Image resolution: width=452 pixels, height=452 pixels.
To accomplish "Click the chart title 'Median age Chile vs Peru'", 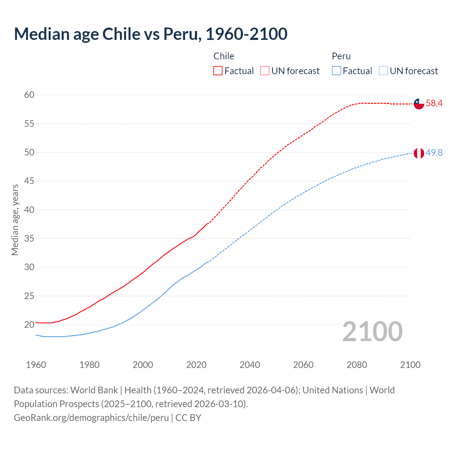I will (x=150, y=34).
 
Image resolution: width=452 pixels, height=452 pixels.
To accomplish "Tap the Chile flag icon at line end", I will (x=419, y=103).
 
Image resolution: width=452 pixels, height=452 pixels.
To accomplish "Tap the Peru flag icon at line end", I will (x=419, y=153).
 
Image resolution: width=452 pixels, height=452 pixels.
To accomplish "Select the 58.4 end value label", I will (x=434, y=103).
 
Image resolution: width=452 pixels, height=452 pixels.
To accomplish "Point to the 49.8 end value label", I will (x=434, y=153).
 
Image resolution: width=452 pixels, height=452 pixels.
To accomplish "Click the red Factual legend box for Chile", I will (x=218, y=71).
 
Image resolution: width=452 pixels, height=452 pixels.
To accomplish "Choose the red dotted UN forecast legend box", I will (x=265, y=71).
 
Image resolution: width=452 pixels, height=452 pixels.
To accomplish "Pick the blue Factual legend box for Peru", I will (x=337, y=71).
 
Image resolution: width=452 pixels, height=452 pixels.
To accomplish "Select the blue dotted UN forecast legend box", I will (x=383, y=71).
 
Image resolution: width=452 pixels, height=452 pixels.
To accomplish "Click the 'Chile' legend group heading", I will (x=224, y=56).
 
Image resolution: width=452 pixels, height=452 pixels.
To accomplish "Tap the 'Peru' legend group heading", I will (x=341, y=56).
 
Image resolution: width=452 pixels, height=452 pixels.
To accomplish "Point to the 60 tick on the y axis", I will (x=29, y=95).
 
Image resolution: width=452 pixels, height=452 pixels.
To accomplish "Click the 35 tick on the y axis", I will (x=29, y=238).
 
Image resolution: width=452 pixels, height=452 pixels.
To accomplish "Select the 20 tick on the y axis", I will (x=29, y=325).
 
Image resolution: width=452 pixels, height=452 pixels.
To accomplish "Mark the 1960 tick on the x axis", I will (x=36, y=365).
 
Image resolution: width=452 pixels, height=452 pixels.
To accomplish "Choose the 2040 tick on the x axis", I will (x=250, y=365).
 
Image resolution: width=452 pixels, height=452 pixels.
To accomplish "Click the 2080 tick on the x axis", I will (x=357, y=365).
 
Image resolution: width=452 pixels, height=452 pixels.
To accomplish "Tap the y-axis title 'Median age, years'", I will (x=15, y=220).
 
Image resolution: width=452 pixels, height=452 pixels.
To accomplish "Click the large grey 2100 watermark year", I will (x=373, y=332).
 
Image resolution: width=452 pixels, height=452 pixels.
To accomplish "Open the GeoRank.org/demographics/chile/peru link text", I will (x=91, y=418).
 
